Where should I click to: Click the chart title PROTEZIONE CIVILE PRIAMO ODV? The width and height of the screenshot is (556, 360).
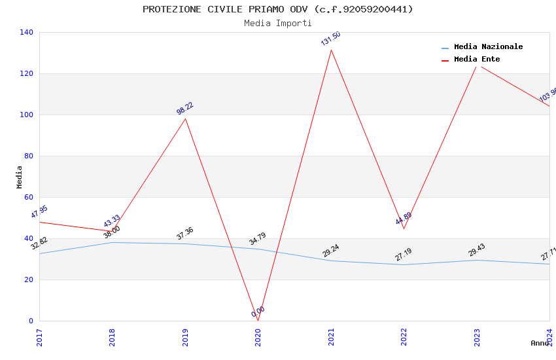(x=278, y=9)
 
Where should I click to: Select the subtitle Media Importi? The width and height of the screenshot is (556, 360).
(x=278, y=23)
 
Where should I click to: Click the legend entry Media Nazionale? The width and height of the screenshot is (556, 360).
(x=488, y=47)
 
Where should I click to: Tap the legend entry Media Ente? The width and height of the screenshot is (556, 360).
(x=477, y=60)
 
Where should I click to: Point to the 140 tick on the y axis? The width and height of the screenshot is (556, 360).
(x=26, y=32)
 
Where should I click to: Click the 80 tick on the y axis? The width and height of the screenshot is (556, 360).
(x=28, y=156)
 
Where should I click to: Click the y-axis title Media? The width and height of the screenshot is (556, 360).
(x=20, y=177)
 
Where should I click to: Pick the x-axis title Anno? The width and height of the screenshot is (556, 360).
(x=540, y=343)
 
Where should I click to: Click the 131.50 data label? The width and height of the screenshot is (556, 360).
(x=330, y=39)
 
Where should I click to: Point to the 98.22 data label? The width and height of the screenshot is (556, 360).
(x=185, y=109)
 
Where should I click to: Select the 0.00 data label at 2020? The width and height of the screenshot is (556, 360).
(x=258, y=312)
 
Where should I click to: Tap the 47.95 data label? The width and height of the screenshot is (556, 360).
(x=39, y=212)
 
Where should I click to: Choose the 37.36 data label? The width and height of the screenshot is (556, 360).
(x=185, y=234)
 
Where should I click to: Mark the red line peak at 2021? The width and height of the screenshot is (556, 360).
(x=331, y=50)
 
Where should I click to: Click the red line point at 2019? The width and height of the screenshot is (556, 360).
(x=185, y=118)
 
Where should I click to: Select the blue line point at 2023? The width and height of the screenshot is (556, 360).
(x=477, y=260)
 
